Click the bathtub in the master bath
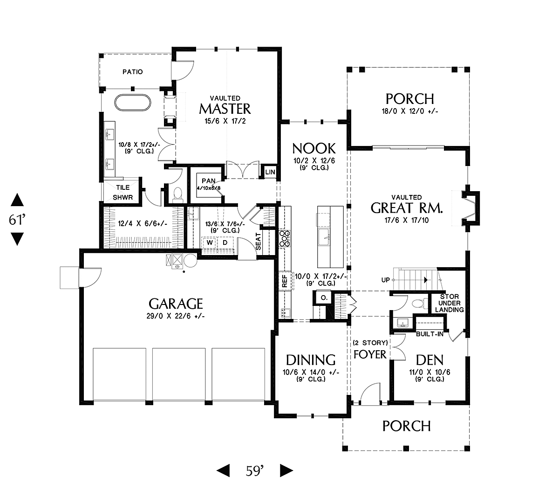(133, 103)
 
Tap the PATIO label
(133, 72)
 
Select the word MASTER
(225, 109)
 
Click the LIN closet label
(270, 172)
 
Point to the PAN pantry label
(209, 181)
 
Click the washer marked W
(210, 242)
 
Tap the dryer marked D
(225, 242)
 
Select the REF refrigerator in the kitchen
(285, 281)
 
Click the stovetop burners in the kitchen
(285, 238)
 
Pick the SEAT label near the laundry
(258, 242)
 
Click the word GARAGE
(176, 304)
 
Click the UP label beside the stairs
(385, 280)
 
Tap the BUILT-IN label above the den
(429, 334)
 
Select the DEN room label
(429, 360)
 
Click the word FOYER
(370, 354)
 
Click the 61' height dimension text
(17, 220)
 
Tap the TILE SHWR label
(123, 193)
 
